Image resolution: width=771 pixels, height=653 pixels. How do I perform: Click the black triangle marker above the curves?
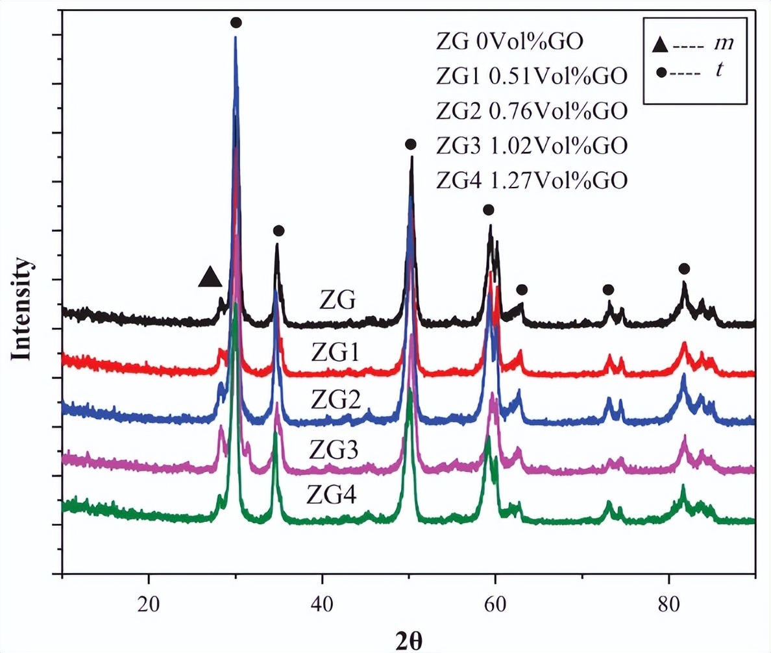[x=210, y=277]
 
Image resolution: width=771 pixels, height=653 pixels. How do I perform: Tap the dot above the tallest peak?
[x=236, y=23]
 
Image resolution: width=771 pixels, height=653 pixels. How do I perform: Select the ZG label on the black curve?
[x=337, y=301]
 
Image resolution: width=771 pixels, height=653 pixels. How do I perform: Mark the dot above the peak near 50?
[x=410, y=144]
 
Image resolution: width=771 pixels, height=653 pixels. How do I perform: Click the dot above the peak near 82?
[x=684, y=269]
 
